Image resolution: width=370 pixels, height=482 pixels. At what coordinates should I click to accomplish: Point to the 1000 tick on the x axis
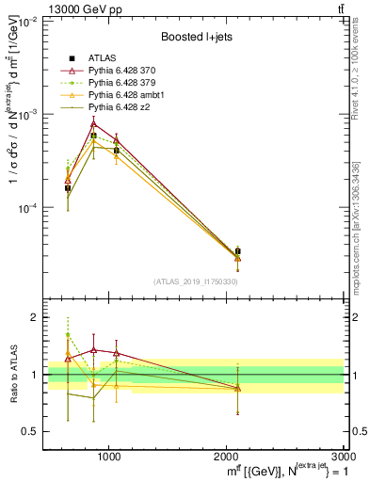tap(109, 455)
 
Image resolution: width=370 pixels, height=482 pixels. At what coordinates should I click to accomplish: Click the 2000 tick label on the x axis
tap(228, 455)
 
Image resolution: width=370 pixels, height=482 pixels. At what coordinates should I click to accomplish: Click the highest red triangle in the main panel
tap(93, 123)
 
